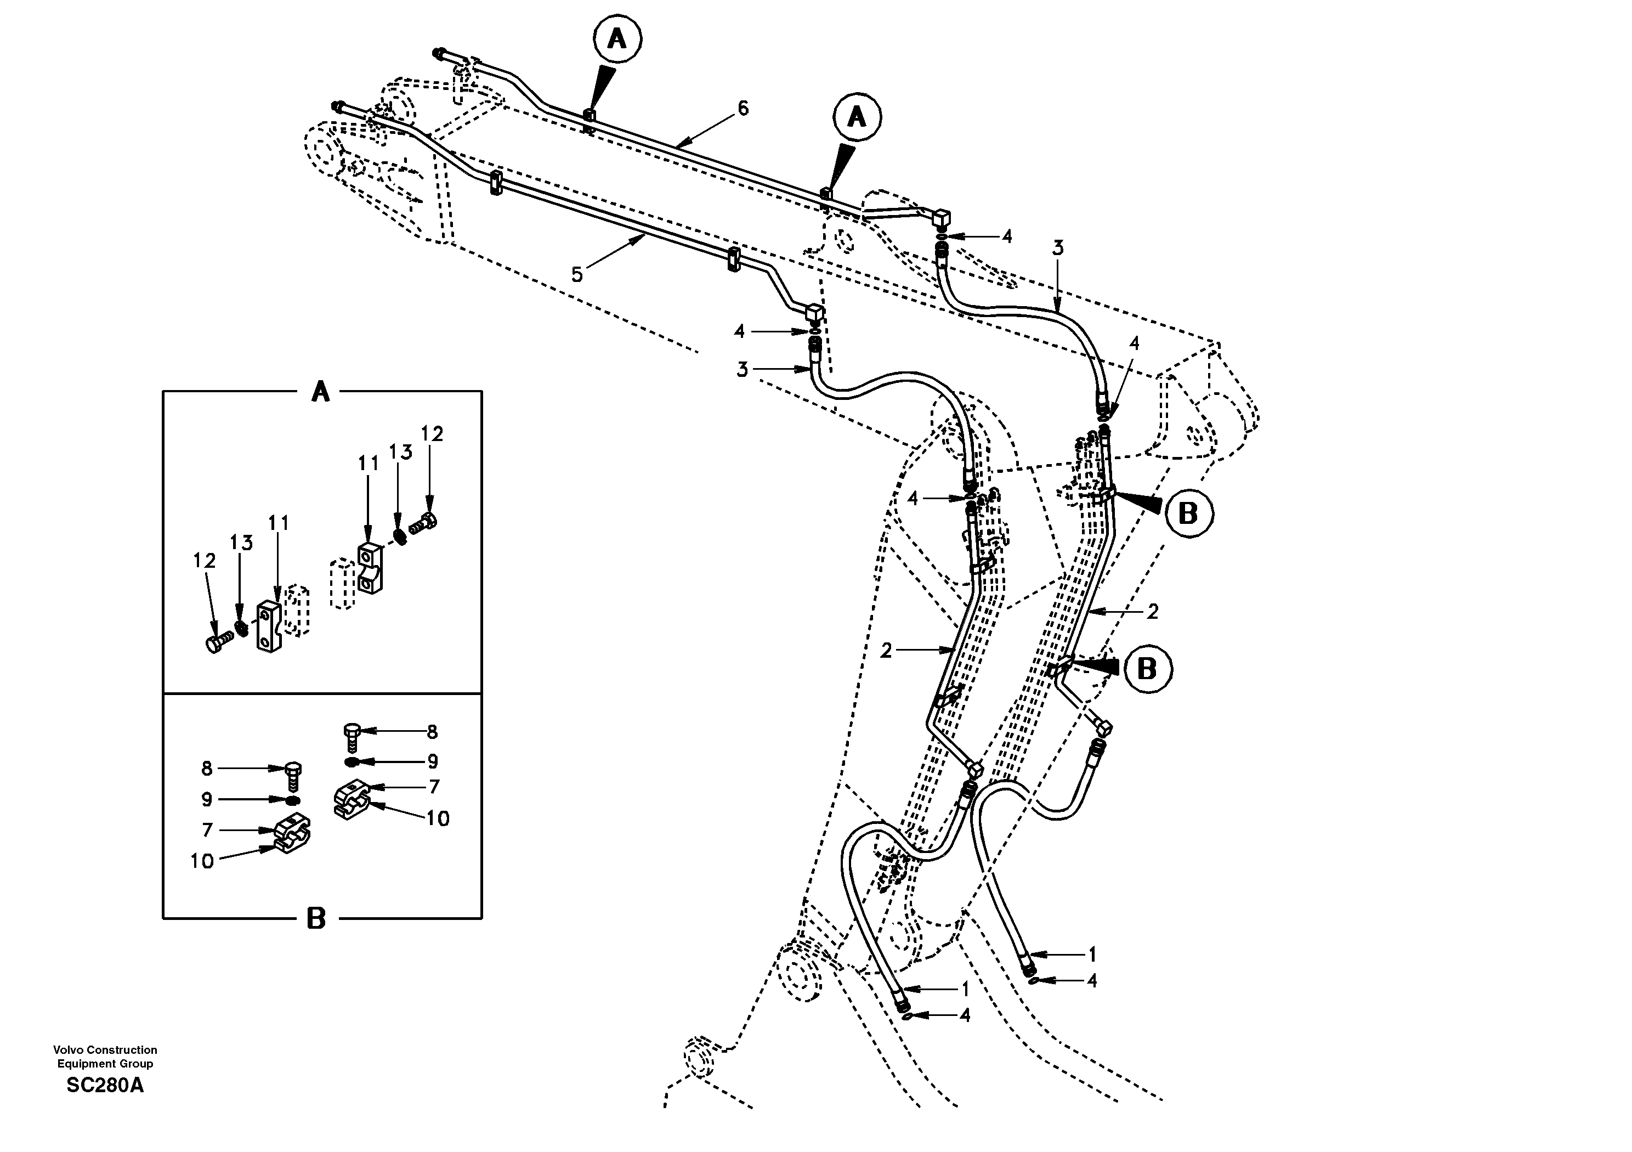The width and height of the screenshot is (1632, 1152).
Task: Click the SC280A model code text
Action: click(x=105, y=1086)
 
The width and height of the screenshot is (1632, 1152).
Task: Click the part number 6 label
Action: click(x=743, y=109)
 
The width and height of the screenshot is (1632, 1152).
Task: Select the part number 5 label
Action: click(x=577, y=274)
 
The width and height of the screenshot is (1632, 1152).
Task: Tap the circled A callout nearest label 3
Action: click(x=857, y=117)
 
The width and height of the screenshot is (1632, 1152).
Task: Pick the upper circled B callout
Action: click(x=1188, y=513)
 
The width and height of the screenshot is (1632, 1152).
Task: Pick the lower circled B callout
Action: click(x=1147, y=669)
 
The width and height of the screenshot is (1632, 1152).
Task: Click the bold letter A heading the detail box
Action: click(x=321, y=391)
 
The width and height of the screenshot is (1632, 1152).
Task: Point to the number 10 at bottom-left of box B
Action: click(x=202, y=861)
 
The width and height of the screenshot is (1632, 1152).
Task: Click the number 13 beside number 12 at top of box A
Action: click(x=401, y=452)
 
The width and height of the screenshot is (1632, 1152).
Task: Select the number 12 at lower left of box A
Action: click(x=204, y=561)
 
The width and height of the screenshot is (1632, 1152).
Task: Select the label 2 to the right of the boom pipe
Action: click(x=1153, y=611)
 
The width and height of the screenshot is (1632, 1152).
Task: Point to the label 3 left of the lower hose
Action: click(x=742, y=370)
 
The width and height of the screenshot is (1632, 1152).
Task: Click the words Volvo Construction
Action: click(x=105, y=1049)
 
